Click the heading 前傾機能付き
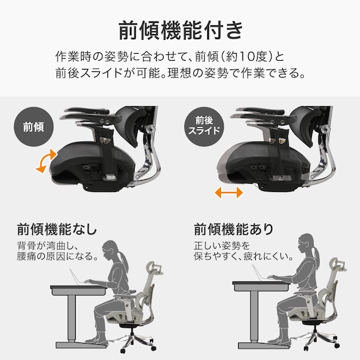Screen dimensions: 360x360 (181, 30)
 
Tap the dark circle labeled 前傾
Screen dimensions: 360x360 (33, 127)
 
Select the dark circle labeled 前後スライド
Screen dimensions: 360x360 (204, 127)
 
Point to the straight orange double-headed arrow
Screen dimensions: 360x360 (229, 193)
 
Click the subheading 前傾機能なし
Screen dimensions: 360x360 (57, 229)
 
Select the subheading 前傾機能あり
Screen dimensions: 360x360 (234, 229)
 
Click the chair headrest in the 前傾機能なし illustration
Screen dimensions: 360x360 (154, 268)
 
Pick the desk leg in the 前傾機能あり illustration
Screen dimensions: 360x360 (254, 316)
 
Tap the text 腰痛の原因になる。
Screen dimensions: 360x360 (57, 256)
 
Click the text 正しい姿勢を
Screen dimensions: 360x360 (222, 246)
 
